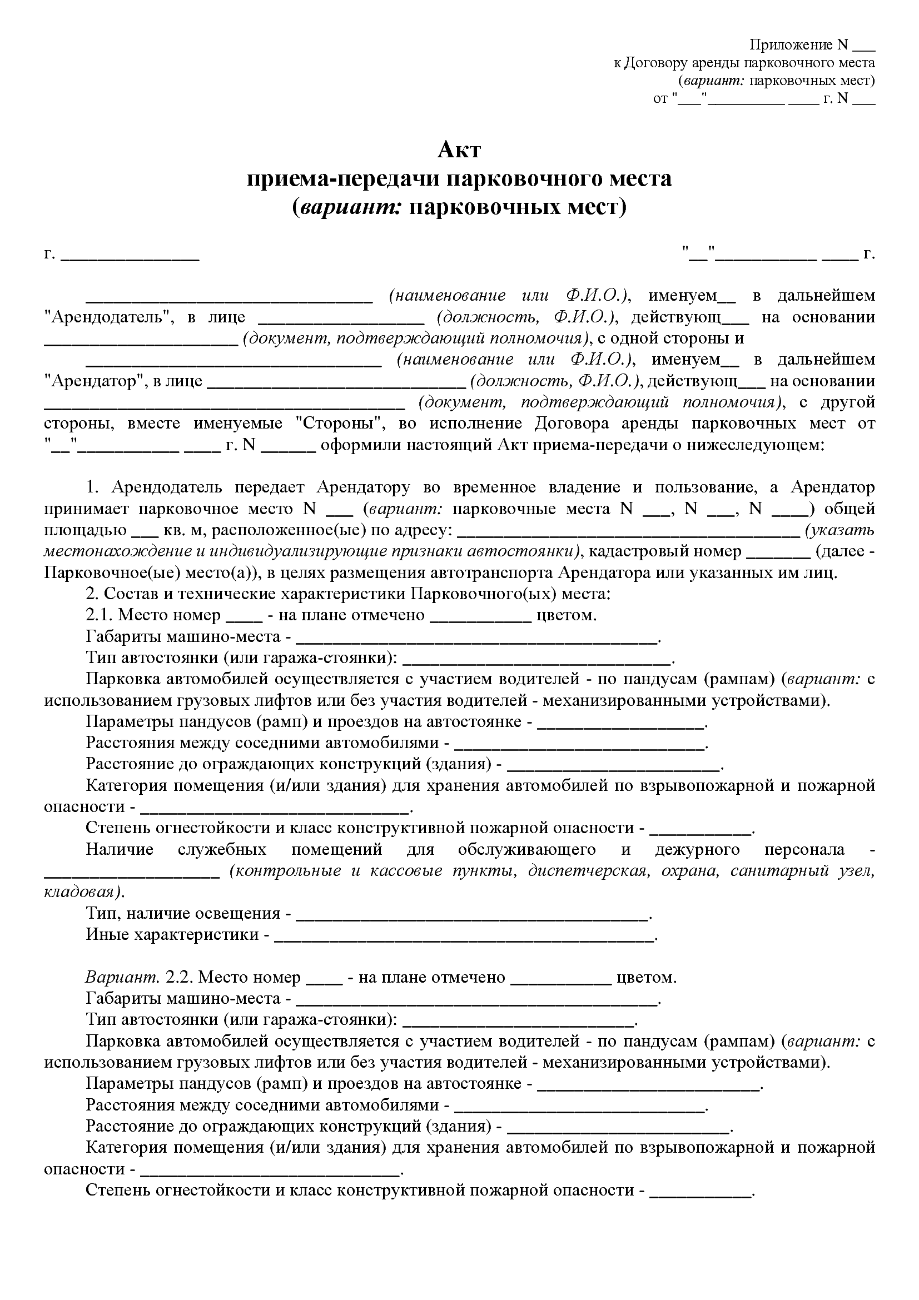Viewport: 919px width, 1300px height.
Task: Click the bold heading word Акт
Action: (x=459, y=150)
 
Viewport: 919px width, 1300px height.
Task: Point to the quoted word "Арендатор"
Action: (x=94, y=381)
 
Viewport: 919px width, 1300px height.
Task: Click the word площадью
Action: (x=85, y=530)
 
